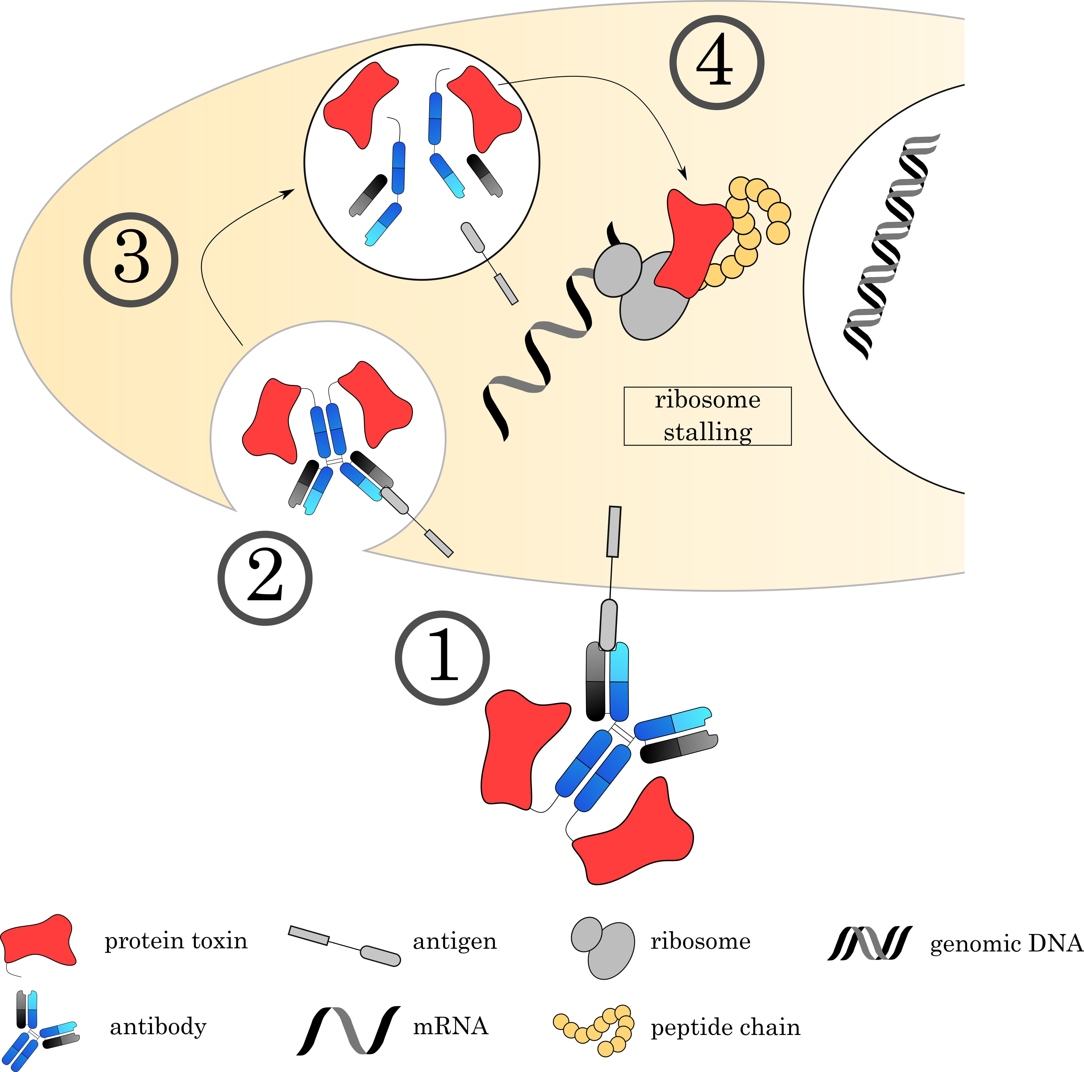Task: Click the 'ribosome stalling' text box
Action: (708, 416)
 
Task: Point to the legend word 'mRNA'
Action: (450, 1026)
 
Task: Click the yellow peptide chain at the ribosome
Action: (755, 224)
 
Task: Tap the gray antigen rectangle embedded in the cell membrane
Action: (614, 532)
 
